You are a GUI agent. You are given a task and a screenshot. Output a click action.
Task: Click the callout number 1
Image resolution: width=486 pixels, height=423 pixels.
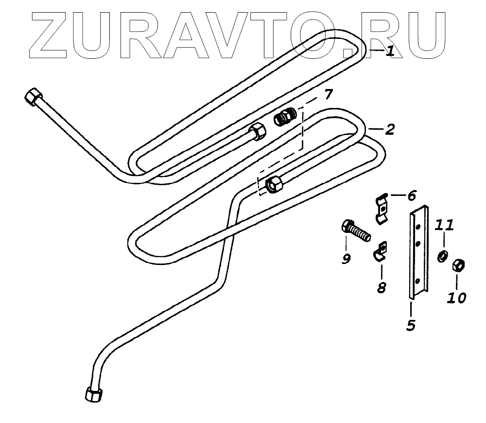390,51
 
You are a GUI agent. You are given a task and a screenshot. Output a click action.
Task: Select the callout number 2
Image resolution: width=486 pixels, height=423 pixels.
390,130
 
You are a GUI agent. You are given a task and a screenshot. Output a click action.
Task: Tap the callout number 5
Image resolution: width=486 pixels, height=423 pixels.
411,324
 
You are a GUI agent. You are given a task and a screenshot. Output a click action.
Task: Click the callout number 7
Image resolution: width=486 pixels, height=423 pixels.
329,94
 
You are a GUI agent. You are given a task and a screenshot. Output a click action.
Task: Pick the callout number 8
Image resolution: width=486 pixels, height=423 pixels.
382,287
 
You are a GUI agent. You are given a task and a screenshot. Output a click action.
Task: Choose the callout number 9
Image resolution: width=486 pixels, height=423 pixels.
346,259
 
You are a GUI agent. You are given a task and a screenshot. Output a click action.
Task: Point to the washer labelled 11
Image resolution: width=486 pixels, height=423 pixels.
442,256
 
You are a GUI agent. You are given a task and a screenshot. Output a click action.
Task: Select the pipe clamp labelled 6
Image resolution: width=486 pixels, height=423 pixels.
382,208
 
